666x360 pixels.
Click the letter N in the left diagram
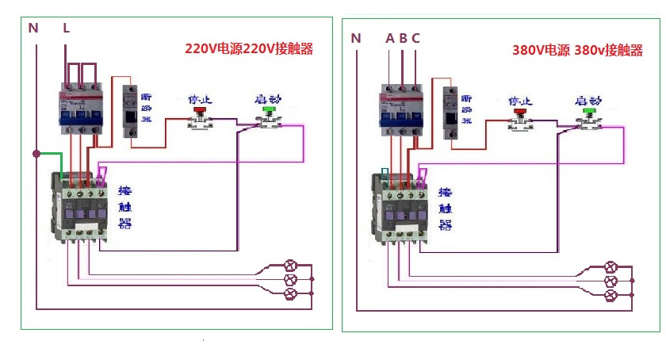33,28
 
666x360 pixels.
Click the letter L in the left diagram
67,28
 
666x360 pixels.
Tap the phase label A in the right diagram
389,37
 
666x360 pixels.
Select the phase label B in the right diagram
403,37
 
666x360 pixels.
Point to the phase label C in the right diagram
415,37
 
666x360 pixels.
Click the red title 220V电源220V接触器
249,48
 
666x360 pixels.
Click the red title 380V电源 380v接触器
577,50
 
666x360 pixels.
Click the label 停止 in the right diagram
519,101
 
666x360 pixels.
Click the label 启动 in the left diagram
266,100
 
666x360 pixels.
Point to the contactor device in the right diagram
400,207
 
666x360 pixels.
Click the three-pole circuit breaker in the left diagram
80,107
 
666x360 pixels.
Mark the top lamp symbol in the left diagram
290,264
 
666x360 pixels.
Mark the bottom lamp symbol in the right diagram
611,296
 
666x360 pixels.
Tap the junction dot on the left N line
36,153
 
